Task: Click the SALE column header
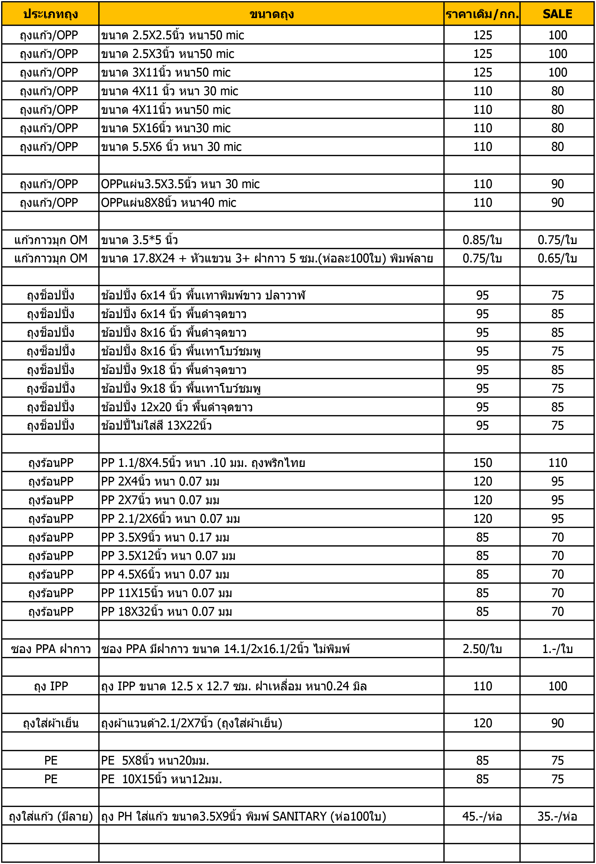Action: (x=557, y=14)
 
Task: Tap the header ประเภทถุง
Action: (x=51, y=14)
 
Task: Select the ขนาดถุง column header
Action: (x=272, y=14)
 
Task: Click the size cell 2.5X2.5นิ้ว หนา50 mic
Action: (x=173, y=35)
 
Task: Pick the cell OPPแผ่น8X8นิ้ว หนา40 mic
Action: (x=169, y=203)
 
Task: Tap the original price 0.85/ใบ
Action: (x=482, y=240)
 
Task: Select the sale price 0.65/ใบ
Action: (x=557, y=258)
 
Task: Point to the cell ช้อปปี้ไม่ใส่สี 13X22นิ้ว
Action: (x=156, y=425)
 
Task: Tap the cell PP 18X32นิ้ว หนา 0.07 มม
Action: (x=167, y=611)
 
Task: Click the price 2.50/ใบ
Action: (x=482, y=649)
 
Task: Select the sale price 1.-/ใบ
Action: (x=557, y=649)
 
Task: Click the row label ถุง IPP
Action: (x=51, y=686)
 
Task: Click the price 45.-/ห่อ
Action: (x=482, y=817)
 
